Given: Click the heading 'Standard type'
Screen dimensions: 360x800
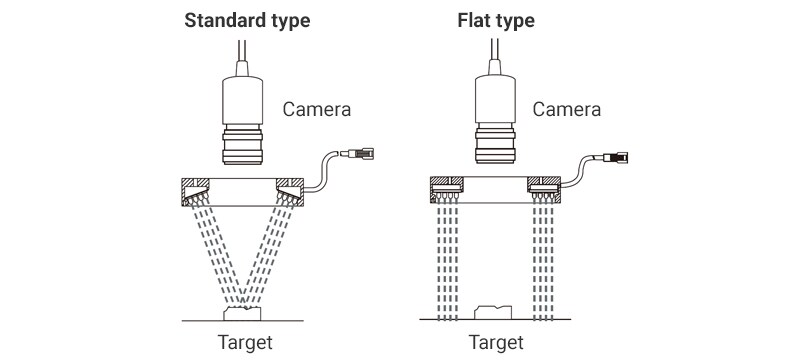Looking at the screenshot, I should click(247, 20).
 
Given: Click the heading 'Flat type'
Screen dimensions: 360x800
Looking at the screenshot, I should click(495, 20).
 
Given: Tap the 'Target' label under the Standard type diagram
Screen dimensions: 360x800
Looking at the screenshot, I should click(245, 342).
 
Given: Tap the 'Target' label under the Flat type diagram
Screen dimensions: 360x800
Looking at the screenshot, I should click(495, 342).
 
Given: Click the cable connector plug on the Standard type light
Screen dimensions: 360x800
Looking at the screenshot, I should click(359, 154).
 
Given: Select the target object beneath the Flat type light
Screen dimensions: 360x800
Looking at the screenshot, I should click(496, 312).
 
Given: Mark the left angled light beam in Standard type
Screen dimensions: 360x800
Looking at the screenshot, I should click(215, 255).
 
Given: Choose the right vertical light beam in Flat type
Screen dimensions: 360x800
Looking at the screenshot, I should click(546, 260).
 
